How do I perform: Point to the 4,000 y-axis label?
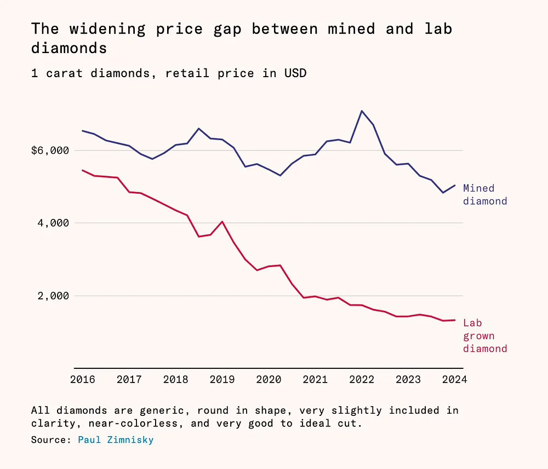tap(54, 223)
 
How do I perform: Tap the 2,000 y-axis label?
tap(54, 296)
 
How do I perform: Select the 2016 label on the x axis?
tap(83, 379)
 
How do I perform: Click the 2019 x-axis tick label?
tap(222, 379)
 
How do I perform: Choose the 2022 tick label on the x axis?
tap(362, 379)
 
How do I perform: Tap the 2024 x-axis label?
tap(454, 379)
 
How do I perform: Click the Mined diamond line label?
tap(485, 195)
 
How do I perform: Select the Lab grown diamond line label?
tap(485, 336)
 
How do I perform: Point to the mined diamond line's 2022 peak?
tap(362, 111)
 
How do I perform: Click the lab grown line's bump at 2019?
tap(222, 222)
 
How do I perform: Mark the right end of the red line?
tap(455, 320)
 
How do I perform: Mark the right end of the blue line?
tap(455, 186)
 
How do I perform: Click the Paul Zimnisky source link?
tap(116, 439)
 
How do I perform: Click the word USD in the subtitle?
tap(295, 73)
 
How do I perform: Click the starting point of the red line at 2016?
tap(83, 170)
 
